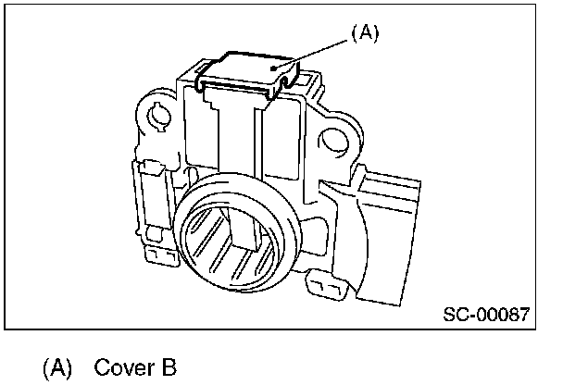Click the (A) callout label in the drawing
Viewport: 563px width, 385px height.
tap(365, 33)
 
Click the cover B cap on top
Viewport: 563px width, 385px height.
tap(248, 68)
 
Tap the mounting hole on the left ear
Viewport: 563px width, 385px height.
tap(156, 118)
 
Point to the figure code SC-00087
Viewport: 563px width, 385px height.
tap(485, 316)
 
